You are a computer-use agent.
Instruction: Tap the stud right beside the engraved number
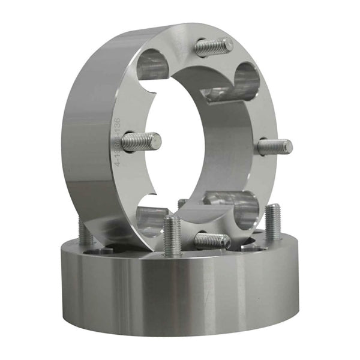tap(142, 142)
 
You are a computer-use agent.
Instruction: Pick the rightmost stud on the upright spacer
tap(275, 146)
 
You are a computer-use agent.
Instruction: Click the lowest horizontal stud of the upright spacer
tap(212, 241)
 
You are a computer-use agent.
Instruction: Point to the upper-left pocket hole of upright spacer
tap(154, 65)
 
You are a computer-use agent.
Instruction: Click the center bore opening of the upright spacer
tap(192, 144)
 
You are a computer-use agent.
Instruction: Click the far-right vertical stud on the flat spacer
tap(273, 222)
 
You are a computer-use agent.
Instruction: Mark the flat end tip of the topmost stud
tap(229, 43)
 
